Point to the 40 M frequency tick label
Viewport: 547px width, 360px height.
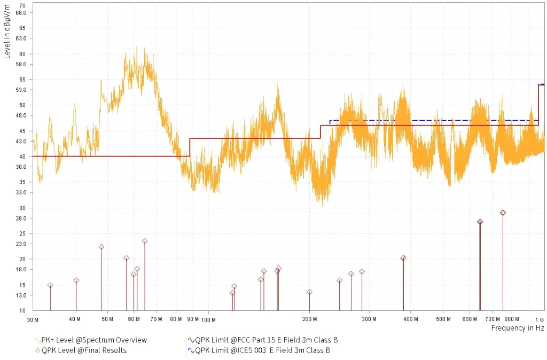tap(75, 319)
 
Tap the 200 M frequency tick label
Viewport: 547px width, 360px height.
tap(310, 319)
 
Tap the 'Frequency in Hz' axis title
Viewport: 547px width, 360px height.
tap(517, 328)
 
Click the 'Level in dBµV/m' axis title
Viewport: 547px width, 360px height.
tap(7, 32)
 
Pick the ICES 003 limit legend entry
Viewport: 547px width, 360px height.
tap(262, 350)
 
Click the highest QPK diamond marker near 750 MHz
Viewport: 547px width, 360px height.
tap(503, 213)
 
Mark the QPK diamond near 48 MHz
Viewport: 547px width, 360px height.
tap(101, 247)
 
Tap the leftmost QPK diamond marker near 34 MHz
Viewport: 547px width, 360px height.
tap(50, 286)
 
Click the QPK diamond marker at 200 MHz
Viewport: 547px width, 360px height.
tap(309, 292)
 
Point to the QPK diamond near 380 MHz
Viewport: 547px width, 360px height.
tap(403, 258)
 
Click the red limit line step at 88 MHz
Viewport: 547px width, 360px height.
tap(190, 147)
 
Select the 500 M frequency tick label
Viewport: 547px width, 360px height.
tap(443, 319)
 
